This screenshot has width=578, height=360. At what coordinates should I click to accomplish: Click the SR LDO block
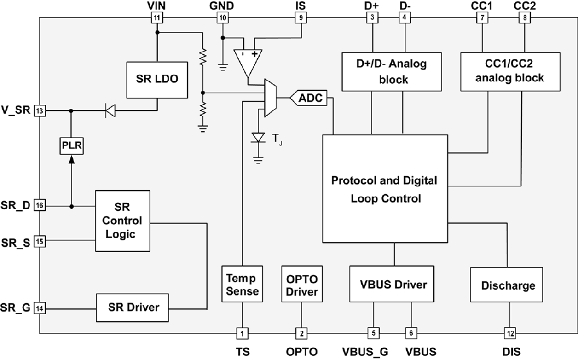coord(157,79)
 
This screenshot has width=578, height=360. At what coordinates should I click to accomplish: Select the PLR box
coord(71,147)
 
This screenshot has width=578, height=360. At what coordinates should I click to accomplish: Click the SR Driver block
coord(133,307)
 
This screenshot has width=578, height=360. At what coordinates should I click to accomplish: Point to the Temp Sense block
coord(242,285)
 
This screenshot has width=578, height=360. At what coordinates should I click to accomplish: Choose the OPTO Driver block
coord(302,285)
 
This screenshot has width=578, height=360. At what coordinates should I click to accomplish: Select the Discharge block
coord(508,285)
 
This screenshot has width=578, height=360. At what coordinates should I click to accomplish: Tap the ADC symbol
coord(309,98)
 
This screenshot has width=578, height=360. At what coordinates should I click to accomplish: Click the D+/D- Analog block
coord(391,71)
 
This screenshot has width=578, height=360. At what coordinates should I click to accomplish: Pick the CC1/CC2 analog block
coord(509,71)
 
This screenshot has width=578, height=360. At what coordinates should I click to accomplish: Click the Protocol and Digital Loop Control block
coord(384,189)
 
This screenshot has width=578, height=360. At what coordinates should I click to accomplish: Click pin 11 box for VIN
coord(157,18)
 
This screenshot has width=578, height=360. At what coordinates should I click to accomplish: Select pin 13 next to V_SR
coord(40,111)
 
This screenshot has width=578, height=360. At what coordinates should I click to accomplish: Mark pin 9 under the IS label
coord(301,18)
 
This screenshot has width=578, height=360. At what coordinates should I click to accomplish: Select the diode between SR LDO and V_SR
coord(110,111)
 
